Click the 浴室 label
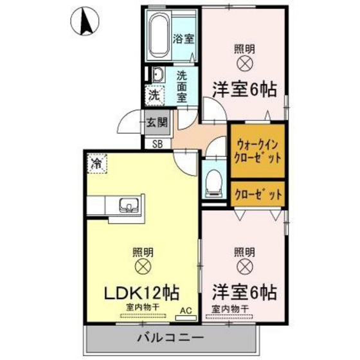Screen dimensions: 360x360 point(184,39)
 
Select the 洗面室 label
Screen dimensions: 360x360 point(182,86)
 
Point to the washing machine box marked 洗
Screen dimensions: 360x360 point(155,96)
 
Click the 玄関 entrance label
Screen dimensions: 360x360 point(156,122)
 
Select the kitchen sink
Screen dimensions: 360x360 point(129,206)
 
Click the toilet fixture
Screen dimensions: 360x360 point(213,183)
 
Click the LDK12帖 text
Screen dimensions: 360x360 point(141,292)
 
